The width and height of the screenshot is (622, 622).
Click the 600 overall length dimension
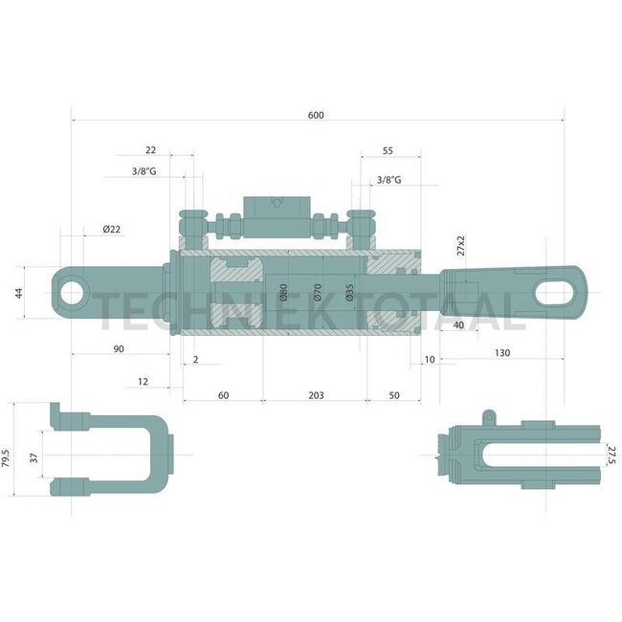coord(316,115)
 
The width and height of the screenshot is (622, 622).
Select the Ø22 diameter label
coord(111,229)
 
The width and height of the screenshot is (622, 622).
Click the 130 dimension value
coord(501,353)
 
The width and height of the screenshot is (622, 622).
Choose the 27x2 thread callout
coord(460,246)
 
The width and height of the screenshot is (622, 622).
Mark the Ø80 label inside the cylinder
coord(284,293)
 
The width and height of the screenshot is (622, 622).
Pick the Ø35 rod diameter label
coord(350,293)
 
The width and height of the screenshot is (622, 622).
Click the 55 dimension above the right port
coord(388,151)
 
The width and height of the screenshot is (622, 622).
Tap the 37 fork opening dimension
coord(35,458)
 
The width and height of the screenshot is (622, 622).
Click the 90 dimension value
coord(119,349)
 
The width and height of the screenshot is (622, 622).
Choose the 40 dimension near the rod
coord(458,325)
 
